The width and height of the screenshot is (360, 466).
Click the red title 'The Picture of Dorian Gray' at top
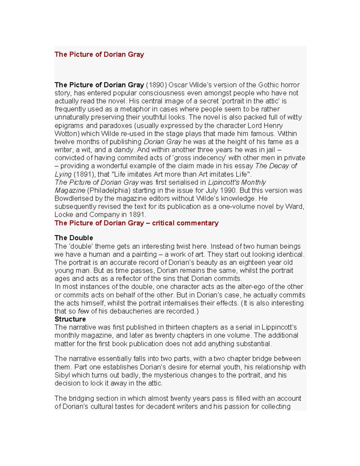99,54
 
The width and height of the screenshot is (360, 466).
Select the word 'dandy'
123,150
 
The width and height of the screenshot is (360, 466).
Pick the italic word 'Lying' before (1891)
63,174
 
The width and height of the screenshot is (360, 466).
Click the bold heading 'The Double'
74,238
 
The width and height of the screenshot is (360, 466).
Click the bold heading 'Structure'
70,319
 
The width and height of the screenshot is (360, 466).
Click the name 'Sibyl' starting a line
62,375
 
